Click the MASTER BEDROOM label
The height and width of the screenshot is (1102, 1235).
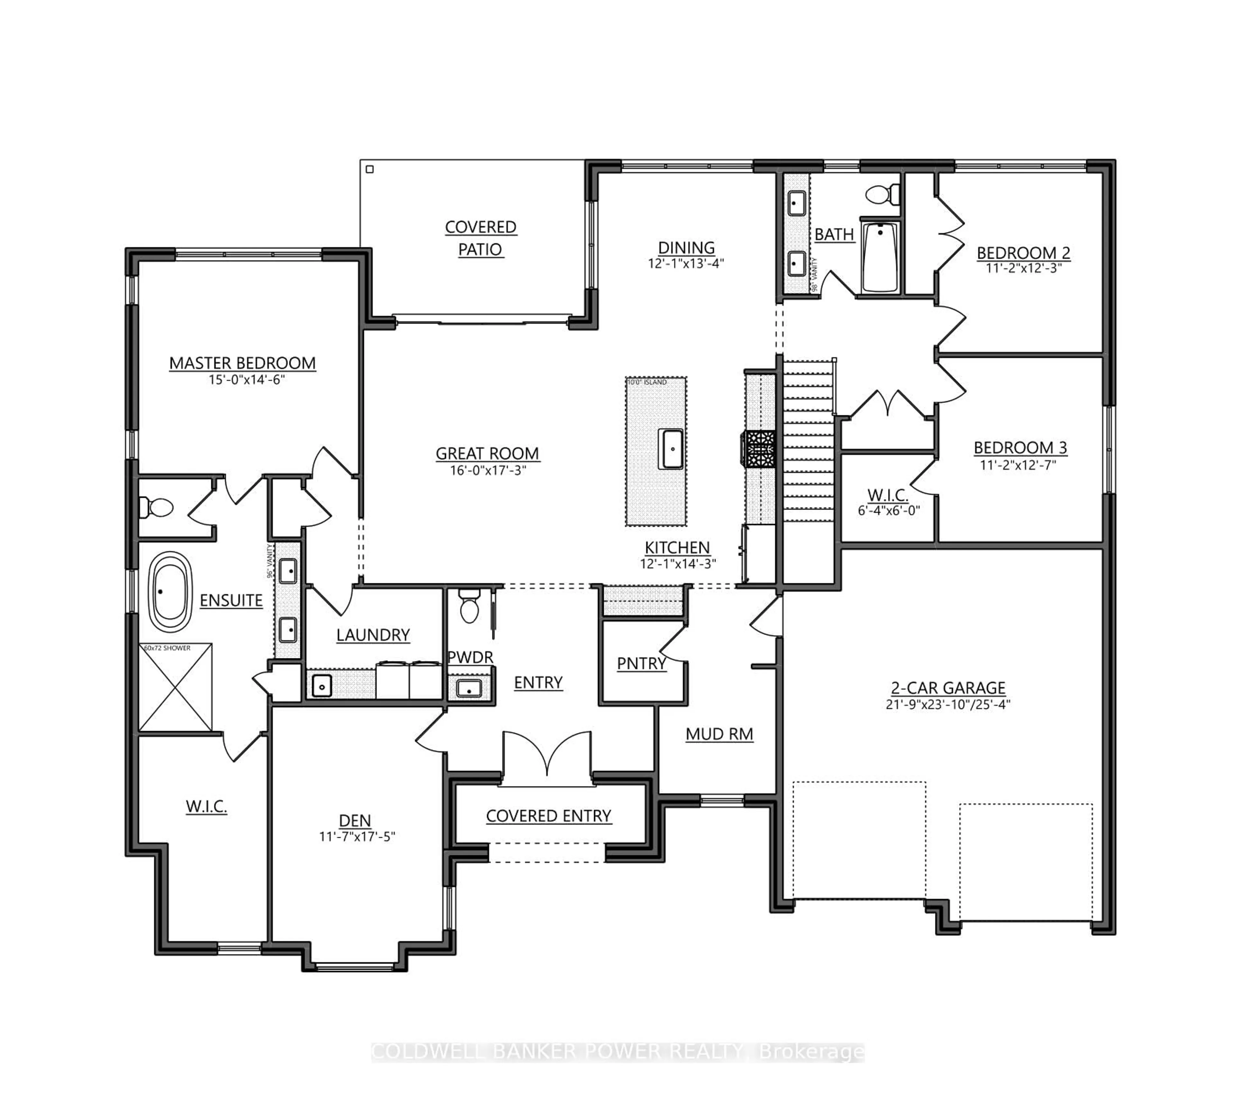point(242,363)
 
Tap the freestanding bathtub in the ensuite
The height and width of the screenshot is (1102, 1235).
point(170,592)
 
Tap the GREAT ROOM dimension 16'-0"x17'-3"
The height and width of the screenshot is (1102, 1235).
point(488,470)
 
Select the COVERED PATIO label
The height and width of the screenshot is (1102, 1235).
point(480,238)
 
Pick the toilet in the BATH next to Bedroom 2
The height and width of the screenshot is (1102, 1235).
point(882,195)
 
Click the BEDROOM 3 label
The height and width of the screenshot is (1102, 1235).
point(1020,448)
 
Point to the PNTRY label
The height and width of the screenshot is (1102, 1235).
point(641,664)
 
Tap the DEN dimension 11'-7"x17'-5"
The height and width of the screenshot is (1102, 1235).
point(357,837)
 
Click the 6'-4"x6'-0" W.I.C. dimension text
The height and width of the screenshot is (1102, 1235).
point(888,510)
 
